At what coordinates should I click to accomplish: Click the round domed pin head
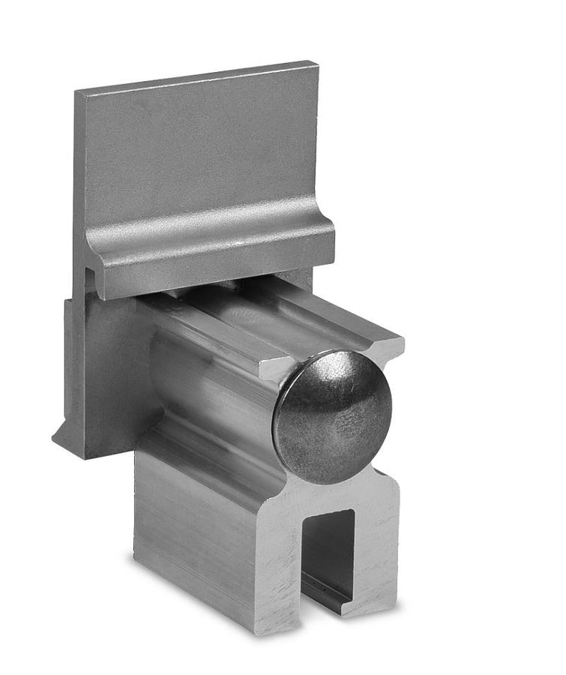coord(332,417)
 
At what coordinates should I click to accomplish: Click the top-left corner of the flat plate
coord(76,92)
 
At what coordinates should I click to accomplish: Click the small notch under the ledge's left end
coord(91,277)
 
